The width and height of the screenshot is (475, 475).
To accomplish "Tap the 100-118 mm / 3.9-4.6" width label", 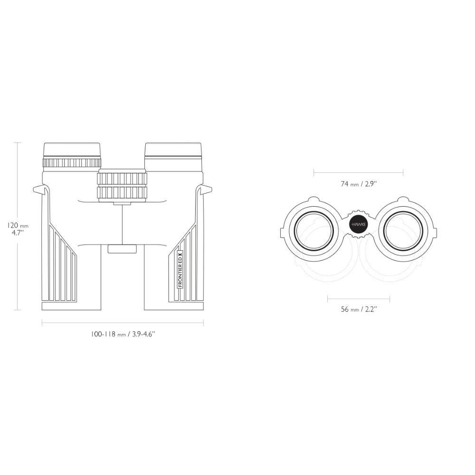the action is (x=123, y=334).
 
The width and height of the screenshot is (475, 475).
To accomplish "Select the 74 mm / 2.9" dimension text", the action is (x=359, y=184).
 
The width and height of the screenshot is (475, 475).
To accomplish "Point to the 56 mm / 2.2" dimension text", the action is (x=359, y=309).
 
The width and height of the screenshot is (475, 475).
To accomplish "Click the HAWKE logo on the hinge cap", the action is (x=359, y=225).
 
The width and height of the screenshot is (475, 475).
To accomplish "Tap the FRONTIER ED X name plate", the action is (x=180, y=270).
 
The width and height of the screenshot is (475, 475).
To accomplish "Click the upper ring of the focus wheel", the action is (x=122, y=179).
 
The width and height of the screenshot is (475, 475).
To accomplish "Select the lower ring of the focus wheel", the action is (x=122, y=193).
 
